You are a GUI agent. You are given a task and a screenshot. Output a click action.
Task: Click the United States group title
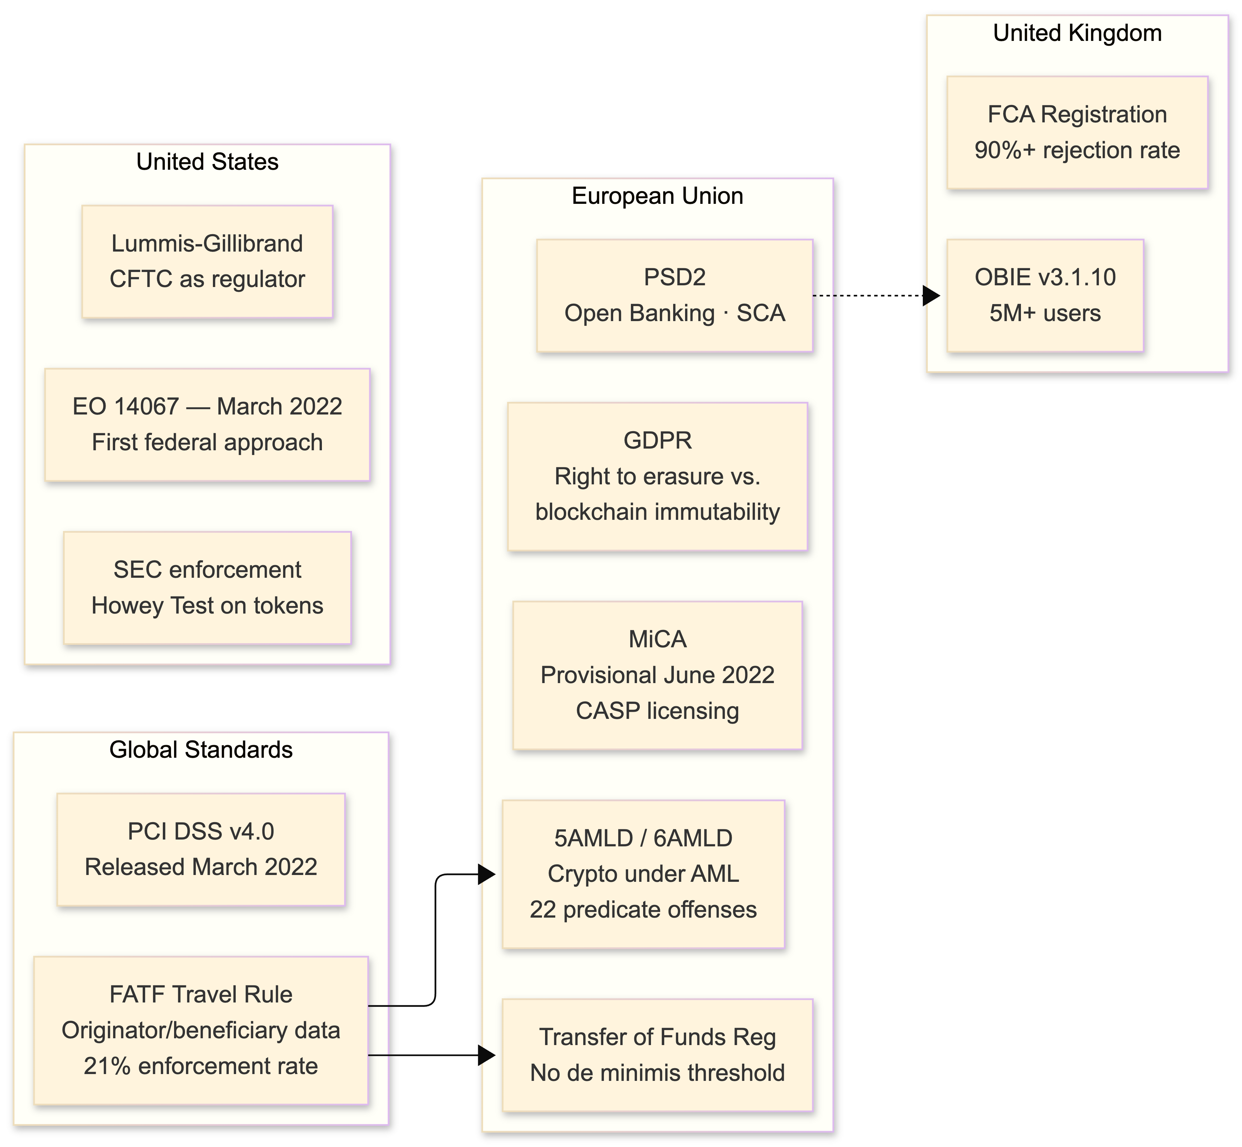click(x=207, y=162)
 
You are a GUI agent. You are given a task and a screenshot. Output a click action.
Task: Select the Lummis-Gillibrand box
click(x=207, y=261)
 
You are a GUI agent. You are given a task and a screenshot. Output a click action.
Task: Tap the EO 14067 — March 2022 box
click(x=207, y=424)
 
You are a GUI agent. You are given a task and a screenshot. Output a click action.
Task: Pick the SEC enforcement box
click(x=207, y=588)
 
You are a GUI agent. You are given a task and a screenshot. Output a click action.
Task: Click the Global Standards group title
click(x=201, y=750)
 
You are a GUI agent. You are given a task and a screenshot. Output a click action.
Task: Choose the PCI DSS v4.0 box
click(x=201, y=849)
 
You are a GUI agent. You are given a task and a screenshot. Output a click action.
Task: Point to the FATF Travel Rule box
click(x=201, y=1030)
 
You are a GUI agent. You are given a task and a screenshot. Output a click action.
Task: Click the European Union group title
click(x=657, y=196)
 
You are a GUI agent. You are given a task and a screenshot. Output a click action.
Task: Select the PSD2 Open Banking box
click(x=674, y=296)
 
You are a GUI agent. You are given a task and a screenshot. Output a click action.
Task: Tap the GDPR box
click(x=657, y=476)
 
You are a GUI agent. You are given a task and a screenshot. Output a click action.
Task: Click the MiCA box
click(x=657, y=675)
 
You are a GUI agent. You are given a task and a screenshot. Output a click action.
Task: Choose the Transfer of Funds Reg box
click(x=657, y=1055)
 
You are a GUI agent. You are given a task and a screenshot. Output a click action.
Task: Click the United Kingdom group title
click(x=1077, y=33)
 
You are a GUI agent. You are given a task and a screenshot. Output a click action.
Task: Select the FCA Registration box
click(x=1077, y=132)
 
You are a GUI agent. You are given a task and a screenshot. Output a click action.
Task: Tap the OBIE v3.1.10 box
click(x=1045, y=296)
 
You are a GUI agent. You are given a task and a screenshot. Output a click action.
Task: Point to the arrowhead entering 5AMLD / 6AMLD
click(x=487, y=875)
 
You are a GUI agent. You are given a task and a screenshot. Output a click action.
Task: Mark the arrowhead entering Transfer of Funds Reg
click(x=487, y=1055)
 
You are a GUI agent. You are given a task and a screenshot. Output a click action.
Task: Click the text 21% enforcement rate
click(x=201, y=1066)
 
